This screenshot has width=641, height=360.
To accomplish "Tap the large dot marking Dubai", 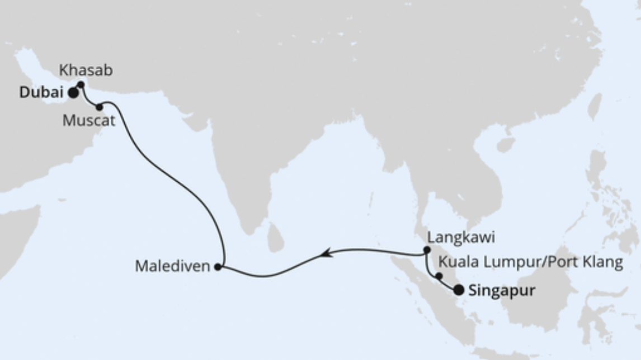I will pos(73,93).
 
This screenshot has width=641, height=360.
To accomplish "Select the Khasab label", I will pos(86,71).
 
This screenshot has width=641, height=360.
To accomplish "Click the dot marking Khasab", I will pos(81,85).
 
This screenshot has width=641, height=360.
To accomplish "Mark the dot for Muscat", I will pos(100,107).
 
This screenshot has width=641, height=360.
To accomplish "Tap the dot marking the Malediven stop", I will pos(218,267).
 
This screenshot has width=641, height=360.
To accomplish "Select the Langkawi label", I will pos(461,238).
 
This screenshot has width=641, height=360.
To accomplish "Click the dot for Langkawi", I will pos(427,250).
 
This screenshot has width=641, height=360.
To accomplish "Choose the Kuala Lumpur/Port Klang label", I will pos(530,262).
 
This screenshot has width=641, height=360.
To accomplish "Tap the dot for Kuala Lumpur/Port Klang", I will pos(439,276).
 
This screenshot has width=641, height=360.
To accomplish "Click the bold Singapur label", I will pos(501,291).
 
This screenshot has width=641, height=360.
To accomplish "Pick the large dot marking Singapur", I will pos(458,290).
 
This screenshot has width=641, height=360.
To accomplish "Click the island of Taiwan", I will pos(594,106).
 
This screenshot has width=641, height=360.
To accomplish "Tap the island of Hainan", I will pos(506,145).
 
